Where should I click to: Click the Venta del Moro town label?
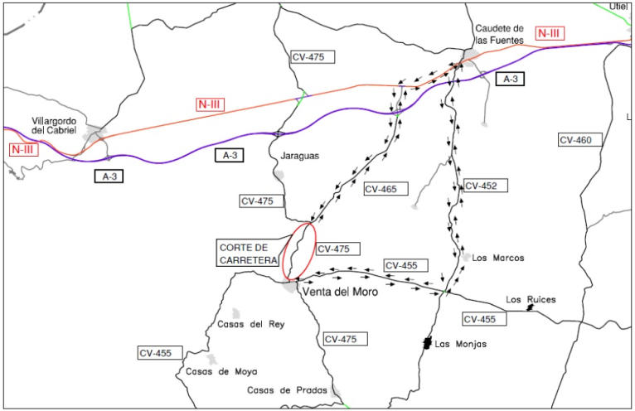[x=340, y=292]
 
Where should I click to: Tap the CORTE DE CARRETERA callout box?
[x=248, y=254]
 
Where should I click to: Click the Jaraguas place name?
[x=300, y=156]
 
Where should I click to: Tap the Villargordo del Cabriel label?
[x=54, y=126]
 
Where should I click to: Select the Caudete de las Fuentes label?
[x=499, y=35]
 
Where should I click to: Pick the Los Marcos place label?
[x=498, y=258]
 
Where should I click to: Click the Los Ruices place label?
[x=531, y=300]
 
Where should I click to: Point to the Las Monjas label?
[x=461, y=344]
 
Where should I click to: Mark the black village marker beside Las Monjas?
[x=426, y=343]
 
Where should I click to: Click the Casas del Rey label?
[x=251, y=324]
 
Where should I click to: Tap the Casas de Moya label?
[x=221, y=371]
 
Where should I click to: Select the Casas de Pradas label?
[x=287, y=390]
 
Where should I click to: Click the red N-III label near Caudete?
[x=550, y=33]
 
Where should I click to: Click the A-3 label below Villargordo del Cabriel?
[x=109, y=176]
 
